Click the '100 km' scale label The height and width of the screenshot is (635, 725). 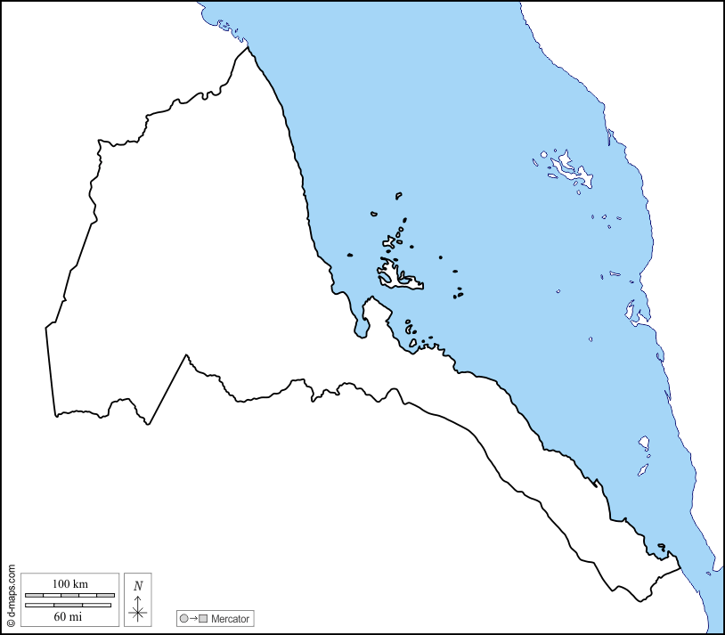69,583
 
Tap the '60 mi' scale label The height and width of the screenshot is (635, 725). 69,615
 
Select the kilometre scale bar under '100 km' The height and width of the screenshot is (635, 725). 69,594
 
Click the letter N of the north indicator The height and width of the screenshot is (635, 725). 137,585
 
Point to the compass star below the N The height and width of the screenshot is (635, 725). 137,612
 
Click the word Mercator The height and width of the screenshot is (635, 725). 230,618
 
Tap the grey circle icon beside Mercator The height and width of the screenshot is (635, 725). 183,618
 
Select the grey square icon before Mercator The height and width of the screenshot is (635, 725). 203,618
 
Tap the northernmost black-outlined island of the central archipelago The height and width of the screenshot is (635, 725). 398,195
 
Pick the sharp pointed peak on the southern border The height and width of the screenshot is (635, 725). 186,356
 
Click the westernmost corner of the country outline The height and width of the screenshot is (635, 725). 46,328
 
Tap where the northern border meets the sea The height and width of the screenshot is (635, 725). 247,46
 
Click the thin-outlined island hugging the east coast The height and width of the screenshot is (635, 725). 636,312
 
